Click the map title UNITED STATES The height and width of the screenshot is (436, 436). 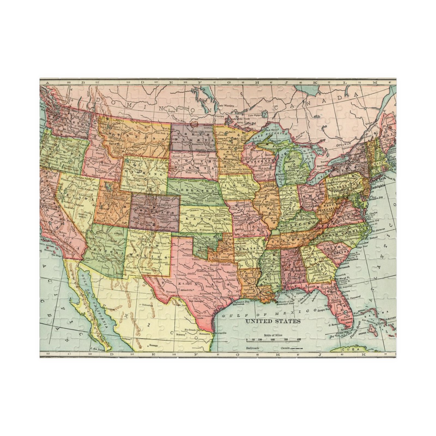pos(273,321)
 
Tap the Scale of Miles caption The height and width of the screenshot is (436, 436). pos(273,335)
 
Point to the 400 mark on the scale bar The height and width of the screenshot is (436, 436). pos(299,340)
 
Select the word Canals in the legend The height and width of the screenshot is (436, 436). pos(286,348)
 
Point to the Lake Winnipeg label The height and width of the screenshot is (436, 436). pos(224,105)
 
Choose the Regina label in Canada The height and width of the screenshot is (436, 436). pos(171,111)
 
